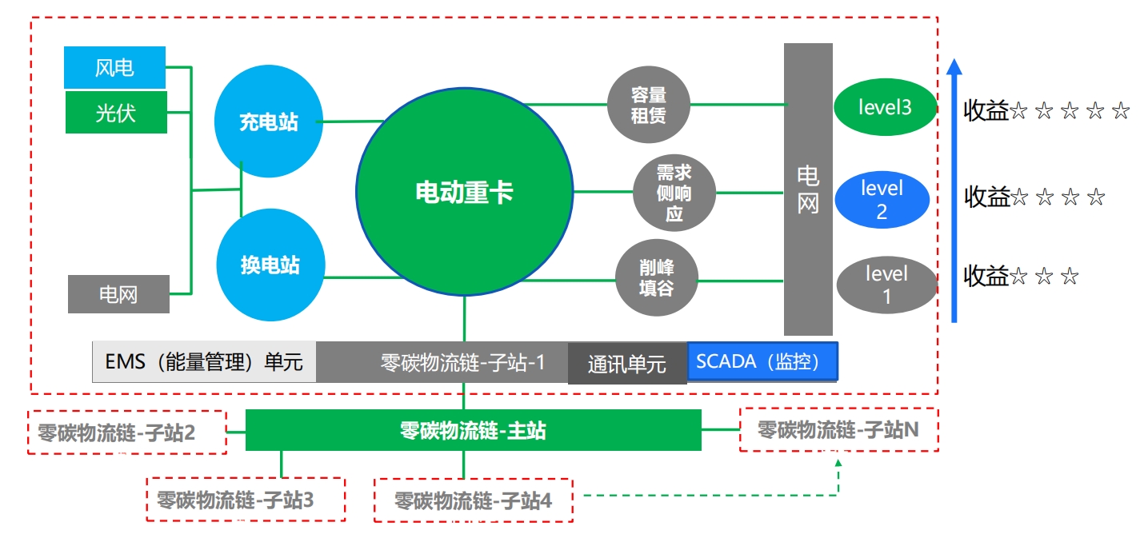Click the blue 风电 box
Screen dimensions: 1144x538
(114, 67)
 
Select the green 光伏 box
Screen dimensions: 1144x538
(116, 112)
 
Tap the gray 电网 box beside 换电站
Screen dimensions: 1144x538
(118, 294)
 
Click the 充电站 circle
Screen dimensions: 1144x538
(269, 121)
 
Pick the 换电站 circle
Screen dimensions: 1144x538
(270, 265)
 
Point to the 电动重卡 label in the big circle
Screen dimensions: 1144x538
(464, 193)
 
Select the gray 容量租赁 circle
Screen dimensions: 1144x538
(649, 105)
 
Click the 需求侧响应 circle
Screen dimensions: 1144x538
(674, 193)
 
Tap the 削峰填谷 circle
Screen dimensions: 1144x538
(657, 277)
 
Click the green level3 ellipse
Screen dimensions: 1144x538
(885, 106)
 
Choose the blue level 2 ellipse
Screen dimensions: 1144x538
(882, 199)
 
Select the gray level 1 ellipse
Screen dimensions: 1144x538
(887, 285)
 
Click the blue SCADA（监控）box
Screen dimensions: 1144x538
(762, 361)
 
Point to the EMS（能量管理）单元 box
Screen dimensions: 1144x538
(204, 362)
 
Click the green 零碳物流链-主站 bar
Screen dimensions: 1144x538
(474, 430)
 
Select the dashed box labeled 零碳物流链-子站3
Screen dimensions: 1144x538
(246, 499)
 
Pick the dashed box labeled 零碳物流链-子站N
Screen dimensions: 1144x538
(838, 430)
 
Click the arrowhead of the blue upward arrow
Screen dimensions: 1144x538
(954, 67)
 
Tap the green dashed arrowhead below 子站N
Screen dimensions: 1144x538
(838, 462)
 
